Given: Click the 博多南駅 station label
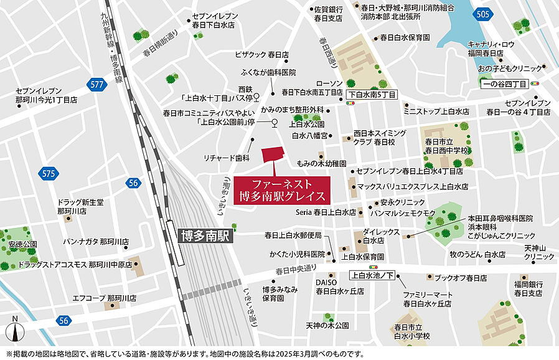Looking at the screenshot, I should pyautogui.click(x=205, y=235).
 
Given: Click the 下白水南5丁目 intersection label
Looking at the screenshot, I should pyautogui.click(x=372, y=95).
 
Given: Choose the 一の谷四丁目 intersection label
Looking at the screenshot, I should pyautogui.click(x=504, y=83).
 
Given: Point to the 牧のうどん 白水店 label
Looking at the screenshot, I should pyautogui.click(x=477, y=255).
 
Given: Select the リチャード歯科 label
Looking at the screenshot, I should pyautogui.click(x=230, y=158).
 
